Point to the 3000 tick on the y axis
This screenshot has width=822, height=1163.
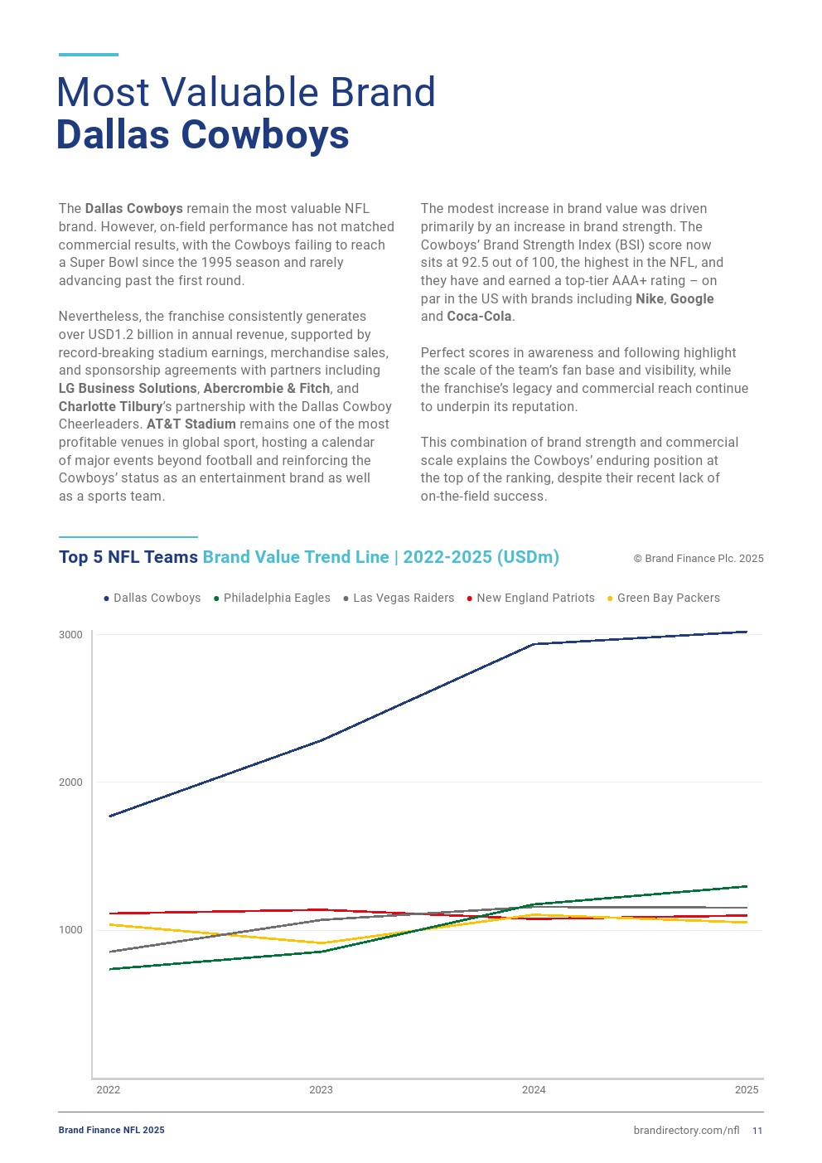(x=70, y=635)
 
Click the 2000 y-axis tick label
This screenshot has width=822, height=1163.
(x=70, y=783)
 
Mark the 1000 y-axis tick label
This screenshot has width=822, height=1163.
(x=70, y=930)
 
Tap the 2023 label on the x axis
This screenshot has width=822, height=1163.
(x=321, y=1090)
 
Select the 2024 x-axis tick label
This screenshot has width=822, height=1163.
(x=534, y=1090)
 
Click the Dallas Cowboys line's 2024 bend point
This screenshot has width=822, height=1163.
(x=534, y=644)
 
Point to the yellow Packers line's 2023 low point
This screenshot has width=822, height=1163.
(x=322, y=943)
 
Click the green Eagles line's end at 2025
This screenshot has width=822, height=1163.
(x=747, y=886)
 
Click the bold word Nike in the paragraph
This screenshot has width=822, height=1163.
(x=650, y=298)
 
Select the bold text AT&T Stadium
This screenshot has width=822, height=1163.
(x=191, y=424)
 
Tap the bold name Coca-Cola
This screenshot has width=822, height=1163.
(x=479, y=317)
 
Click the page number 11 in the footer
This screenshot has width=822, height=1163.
(x=757, y=1131)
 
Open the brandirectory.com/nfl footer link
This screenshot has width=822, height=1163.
(x=686, y=1131)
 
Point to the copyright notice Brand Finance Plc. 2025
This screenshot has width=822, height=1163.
(x=699, y=559)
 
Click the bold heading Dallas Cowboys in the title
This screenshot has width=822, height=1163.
(x=203, y=135)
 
